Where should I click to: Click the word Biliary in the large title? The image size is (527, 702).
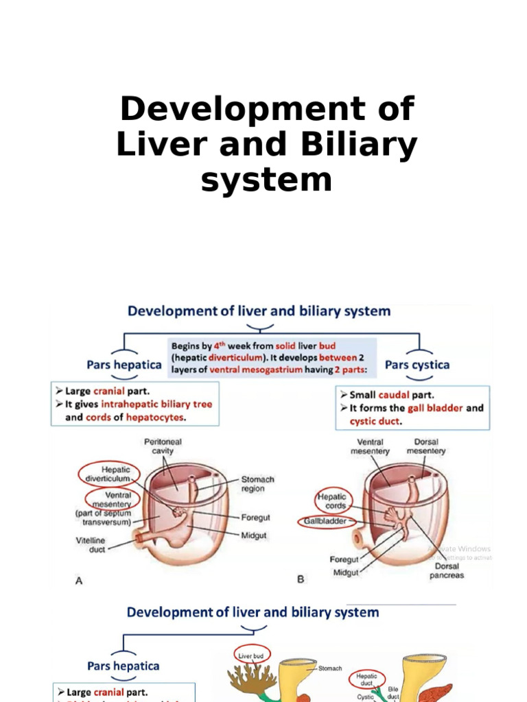click(x=360, y=145)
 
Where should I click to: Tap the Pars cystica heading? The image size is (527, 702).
click(x=417, y=365)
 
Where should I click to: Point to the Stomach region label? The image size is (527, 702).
click(x=257, y=484)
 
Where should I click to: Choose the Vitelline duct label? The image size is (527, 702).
click(x=91, y=545)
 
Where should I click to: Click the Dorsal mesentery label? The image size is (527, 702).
click(x=425, y=446)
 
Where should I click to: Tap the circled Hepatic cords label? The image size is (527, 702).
click(x=331, y=501)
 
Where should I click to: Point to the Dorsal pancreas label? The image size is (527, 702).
click(x=447, y=571)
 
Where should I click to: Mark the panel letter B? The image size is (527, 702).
click(x=300, y=579)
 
